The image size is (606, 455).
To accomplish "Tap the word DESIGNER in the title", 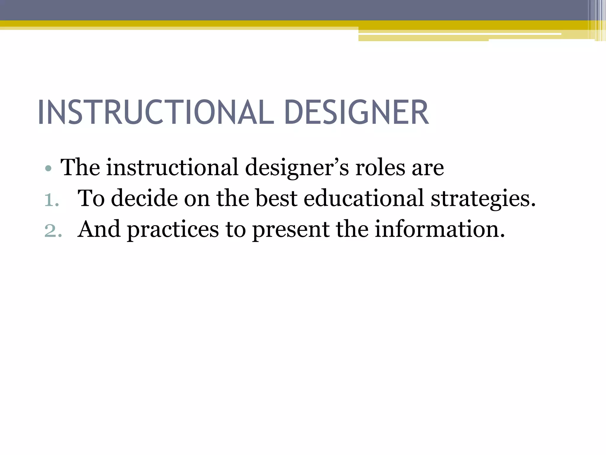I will pyautogui.click(x=356, y=113).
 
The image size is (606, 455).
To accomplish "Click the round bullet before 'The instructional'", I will pyautogui.click(x=49, y=169).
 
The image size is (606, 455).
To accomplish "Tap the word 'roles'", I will pyautogui.click(x=380, y=168).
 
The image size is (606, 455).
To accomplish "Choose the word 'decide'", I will pyautogui.click(x=144, y=198).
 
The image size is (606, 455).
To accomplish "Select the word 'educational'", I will pyautogui.click(x=364, y=198).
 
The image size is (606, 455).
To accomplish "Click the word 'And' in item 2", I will pyautogui.click(x=99, y=229).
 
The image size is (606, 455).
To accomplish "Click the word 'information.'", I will pyautogui.click(x=440, y=229).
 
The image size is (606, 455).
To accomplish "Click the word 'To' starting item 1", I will pyautogui.click(x=91, y=198).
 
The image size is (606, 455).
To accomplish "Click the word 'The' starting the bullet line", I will pyautogui.click(x=80, y=168).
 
